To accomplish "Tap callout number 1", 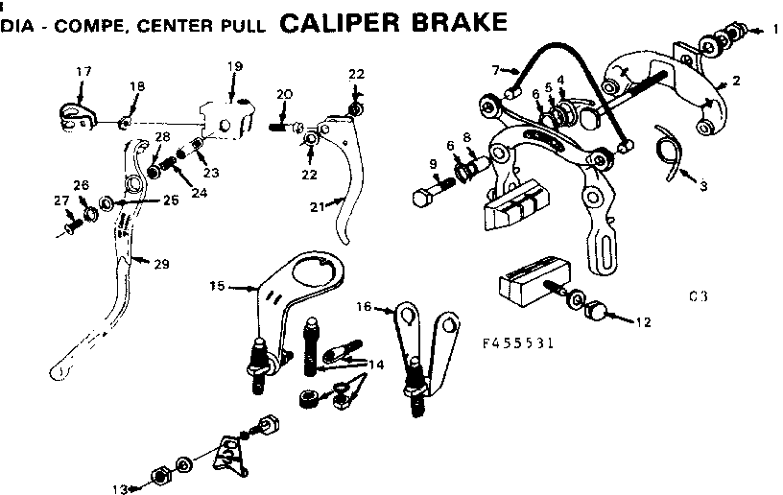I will [x=775, y=30].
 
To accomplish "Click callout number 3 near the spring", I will [x=703, y=185].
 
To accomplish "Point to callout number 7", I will [x=495, y=70].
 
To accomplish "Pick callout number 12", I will [x=642, y=321].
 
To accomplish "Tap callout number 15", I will [x=217, y=285].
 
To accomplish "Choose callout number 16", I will [x=363, y=307].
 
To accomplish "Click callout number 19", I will [x=235, y=65].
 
